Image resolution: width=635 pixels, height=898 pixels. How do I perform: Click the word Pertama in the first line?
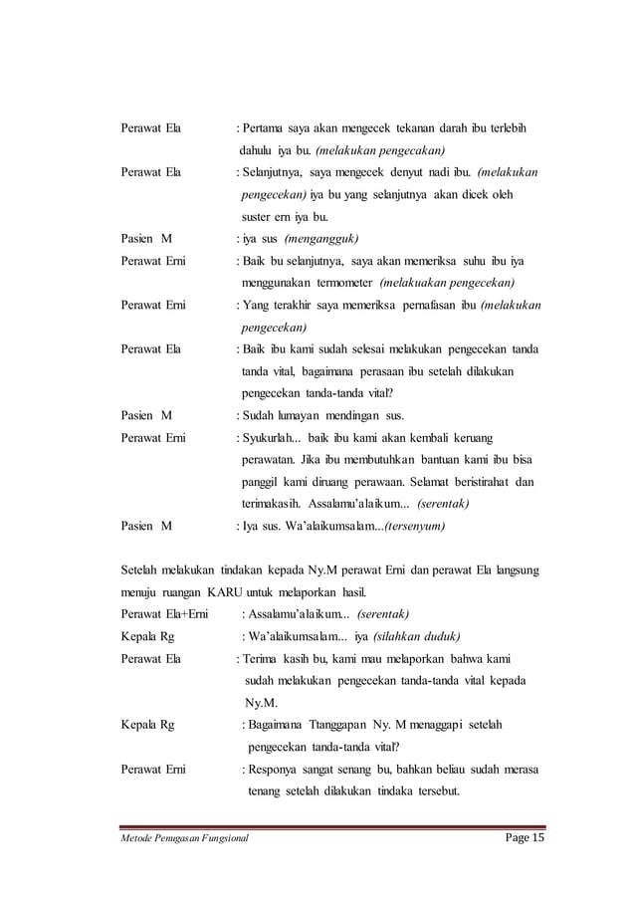click(x=263, y=129)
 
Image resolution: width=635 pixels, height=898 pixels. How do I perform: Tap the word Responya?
click(x=276, y=769)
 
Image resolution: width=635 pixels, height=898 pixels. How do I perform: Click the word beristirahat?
click(x=473, y=482)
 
